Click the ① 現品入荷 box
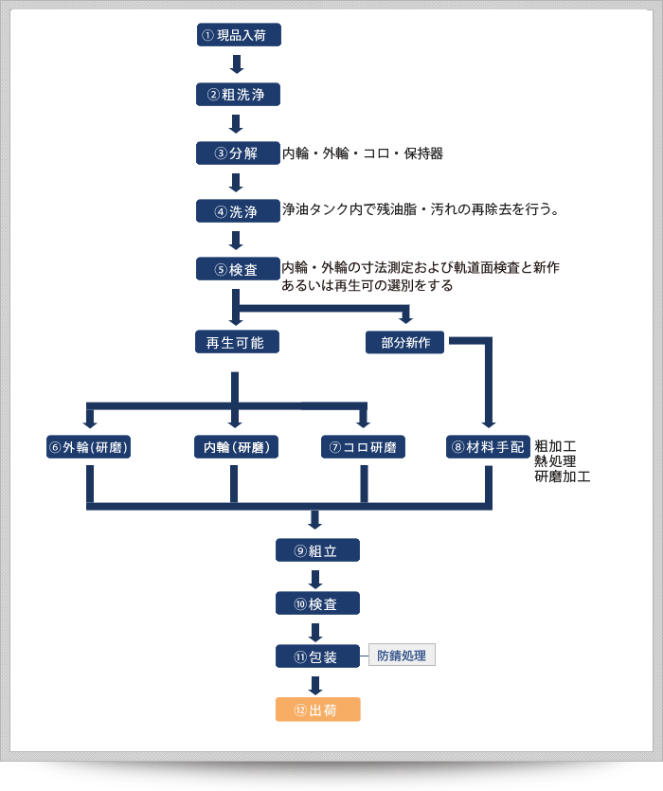tap(238, 36)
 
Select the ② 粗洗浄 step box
tap(238, 95)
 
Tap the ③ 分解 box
tap(238, 153)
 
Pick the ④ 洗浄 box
tap(238, 211)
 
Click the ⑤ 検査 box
tap(238, 269)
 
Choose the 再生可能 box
tap(236, 343)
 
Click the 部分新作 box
tap(406, 343)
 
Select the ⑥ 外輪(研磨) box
tap(89, 447)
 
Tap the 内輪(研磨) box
tap(235, 447)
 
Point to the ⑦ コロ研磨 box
tap(363, 447)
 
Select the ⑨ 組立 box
tap(317, 550)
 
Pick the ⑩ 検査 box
tap(317, 603)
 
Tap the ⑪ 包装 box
tap(317, 656)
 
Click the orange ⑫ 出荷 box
tap(317, 710)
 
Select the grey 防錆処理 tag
tap(402, 656)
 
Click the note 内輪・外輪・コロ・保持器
tap(363, 153)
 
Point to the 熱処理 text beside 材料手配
tap(554, 460)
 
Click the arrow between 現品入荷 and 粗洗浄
tap(237, 65)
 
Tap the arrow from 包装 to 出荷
tap(316, 684)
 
